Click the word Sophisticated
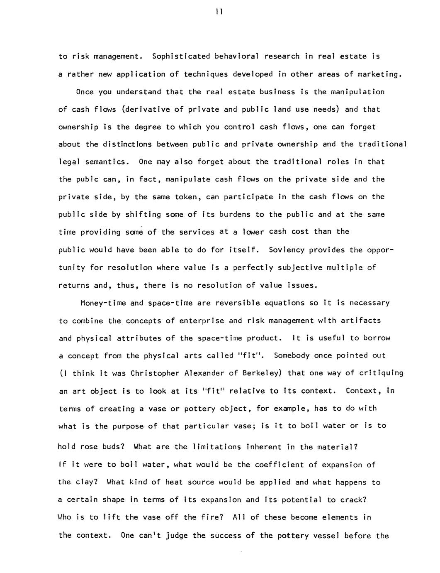pos(182,56)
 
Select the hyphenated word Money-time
pos(103,303)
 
